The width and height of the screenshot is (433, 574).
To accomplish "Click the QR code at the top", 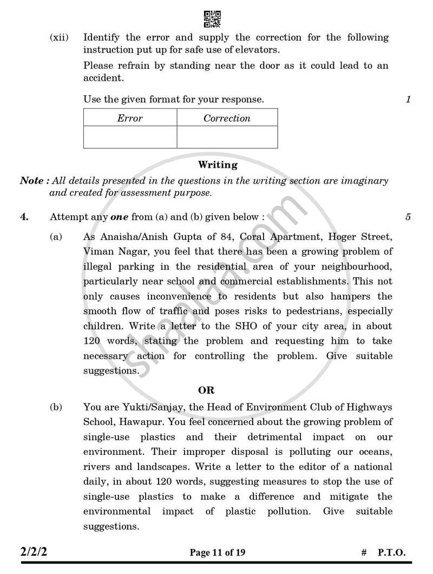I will pos(212,19).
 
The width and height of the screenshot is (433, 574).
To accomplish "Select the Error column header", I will pos(130,118).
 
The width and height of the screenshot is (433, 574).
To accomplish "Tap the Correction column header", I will pos(227,118).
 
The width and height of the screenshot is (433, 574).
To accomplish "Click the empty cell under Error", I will pos(130,137).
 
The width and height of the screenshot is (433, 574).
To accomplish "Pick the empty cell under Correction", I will pos(227,137).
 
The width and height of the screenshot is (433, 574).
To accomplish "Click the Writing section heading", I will pos(218,165).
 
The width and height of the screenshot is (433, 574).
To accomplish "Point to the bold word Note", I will pos(31,181).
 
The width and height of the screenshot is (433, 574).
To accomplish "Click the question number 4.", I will pos(24,217).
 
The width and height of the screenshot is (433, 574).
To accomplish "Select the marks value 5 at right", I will pos(408,217).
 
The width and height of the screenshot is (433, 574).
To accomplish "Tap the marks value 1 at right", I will pos(408,99).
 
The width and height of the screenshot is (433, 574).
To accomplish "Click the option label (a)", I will pos(56,237).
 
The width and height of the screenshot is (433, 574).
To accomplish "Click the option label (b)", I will pos(56,407).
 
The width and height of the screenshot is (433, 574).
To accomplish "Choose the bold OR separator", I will pos(206,390).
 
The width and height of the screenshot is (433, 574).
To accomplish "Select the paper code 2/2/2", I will pos(37,552).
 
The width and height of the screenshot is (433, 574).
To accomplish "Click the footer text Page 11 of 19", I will pos(217,553).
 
